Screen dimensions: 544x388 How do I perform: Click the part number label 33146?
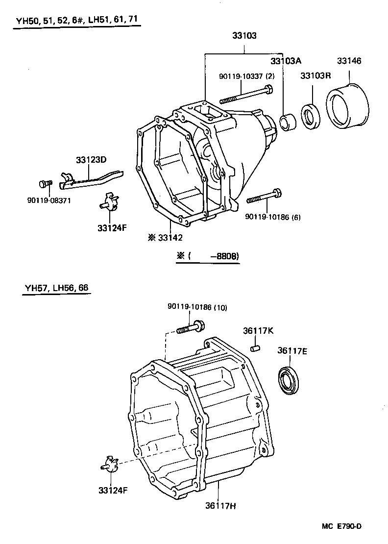tap(349, 61)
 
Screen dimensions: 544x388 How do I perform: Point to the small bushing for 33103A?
tap(287, 123)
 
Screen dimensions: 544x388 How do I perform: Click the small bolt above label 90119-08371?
tap(45, 184)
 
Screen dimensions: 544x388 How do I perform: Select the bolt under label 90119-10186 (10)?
tap(191, 326)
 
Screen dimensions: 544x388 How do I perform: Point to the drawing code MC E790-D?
tap(341, 526)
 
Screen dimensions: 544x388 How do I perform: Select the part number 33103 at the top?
tap(244, 36)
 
